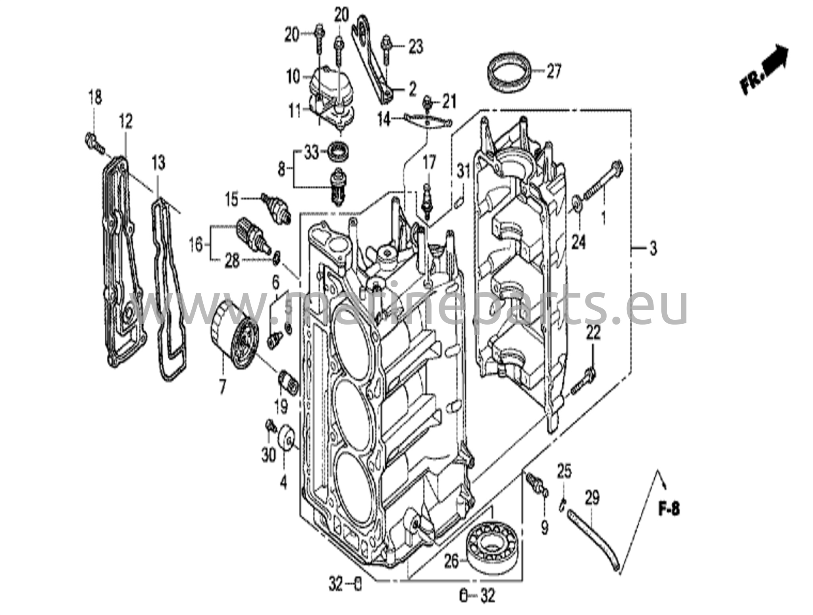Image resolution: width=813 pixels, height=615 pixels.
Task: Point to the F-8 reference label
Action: pos(669,509)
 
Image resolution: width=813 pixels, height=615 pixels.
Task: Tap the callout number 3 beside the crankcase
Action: pos(653,249)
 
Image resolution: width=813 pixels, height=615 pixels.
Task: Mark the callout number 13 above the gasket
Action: pos(158,163)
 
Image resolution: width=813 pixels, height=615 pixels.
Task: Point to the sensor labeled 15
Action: pos(276,207)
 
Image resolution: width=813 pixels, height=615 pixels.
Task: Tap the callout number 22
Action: pos(593,333)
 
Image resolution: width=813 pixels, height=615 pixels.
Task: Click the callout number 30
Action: pos(268,455)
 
